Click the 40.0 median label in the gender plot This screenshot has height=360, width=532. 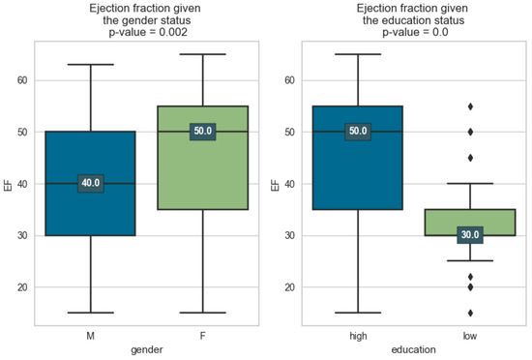click(x=90, y=183)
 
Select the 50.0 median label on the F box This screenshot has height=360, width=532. click(x=203, y=131)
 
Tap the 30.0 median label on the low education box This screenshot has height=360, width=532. click(x=470, y=235)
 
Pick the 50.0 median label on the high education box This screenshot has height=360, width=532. click(x=358, y=131)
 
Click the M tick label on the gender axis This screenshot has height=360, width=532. click(x=90, y=335)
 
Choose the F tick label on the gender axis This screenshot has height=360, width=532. click(x=203, y=335)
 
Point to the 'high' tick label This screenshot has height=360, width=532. click(x=358, y=335)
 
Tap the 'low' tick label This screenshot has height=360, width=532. click(x=470, y=335)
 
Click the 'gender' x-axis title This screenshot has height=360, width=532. click(x=146, y=349)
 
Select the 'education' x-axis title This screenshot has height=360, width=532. click(x=414, y=349)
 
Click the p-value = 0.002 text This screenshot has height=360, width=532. click(x=146, y=32)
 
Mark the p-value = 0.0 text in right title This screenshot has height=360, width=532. click(x=414, y=32)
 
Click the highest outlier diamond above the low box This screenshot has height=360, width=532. click(x=470, y=105)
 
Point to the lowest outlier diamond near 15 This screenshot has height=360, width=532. click(x=470, y=313)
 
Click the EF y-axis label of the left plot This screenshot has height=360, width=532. click(x=8, y=183)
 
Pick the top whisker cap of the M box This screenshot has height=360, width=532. click(x=90, y=64)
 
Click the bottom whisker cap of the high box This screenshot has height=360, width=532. click(x=358, y=313)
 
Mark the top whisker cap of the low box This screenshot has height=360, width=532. click(x=470, y=183)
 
